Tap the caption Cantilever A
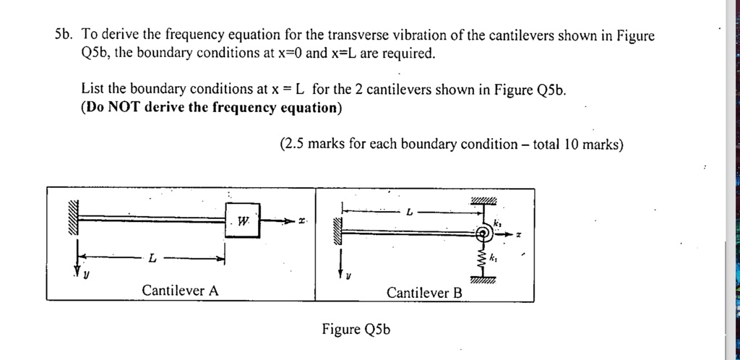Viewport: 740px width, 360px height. (x=180, y=291)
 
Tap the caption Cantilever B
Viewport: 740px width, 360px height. (x=424, y=293)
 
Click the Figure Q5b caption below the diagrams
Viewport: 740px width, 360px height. (x=356, y=330)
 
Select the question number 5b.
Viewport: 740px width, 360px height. (x=64, y=34)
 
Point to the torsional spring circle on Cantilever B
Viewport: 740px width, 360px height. (x=485, y=233)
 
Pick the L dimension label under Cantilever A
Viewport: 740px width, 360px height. (x=152, y=258)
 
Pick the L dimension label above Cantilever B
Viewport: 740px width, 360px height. (x=409, y=213)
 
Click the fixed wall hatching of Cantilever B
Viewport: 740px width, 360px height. (x=336, y=233)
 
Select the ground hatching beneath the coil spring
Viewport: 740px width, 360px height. (x=482, y=280)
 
